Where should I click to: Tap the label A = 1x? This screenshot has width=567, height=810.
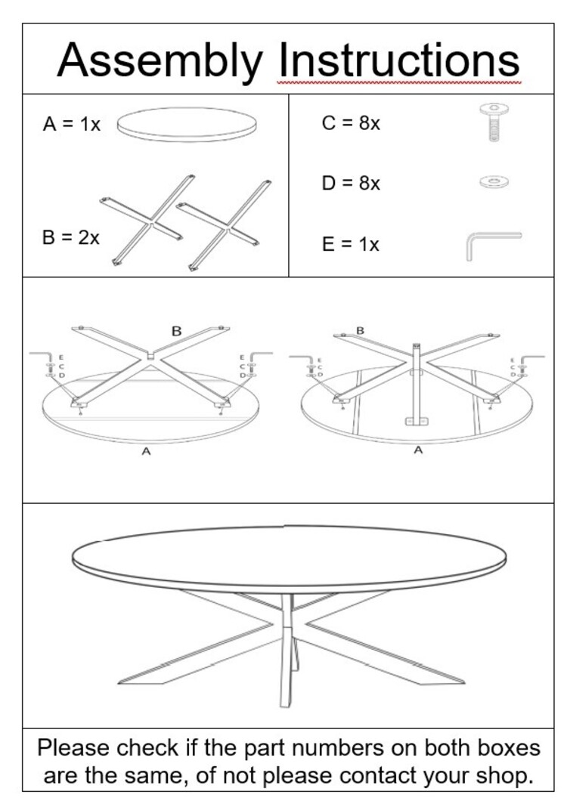[x=71, y=125]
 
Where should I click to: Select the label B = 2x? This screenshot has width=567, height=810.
[x=70, y=237]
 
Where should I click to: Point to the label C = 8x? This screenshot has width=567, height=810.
[x=351, y=123]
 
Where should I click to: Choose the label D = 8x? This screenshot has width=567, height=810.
[x=351, y=184]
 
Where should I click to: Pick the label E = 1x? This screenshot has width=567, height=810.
[x=350, y=245]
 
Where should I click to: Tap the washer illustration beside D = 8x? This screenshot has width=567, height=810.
[x=494, y=181]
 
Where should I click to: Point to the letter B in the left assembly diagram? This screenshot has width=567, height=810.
[x=176, y=331]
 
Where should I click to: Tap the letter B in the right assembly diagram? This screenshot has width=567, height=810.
[x=360, y=330]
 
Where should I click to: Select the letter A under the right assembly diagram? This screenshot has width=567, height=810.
[x=418, y=450]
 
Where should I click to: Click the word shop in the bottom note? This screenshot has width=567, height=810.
[x=504, y=776]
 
